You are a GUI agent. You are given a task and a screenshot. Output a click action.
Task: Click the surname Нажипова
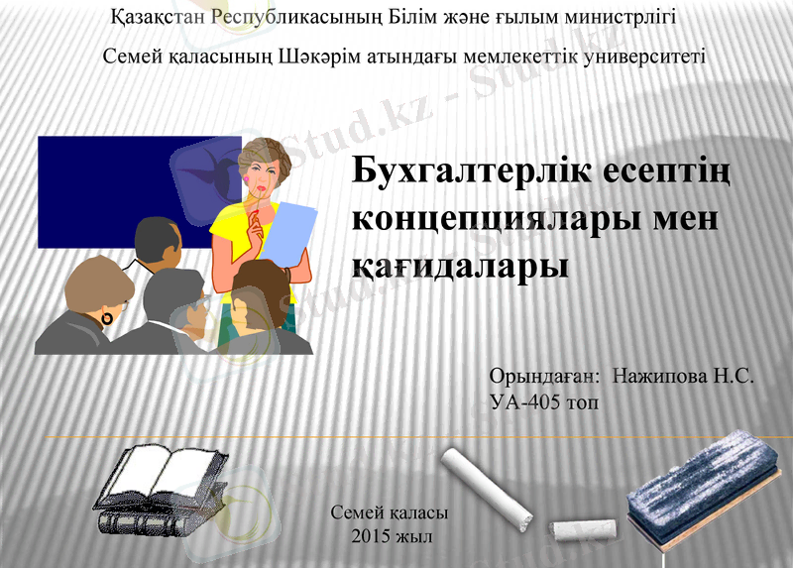pyautogui.click(x=660, y=378)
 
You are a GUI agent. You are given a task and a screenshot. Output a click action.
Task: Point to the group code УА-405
pyautogui.click(x=526, y=402)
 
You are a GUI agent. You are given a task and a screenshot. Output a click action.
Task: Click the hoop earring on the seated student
pyautogui.click(x=107, y=319)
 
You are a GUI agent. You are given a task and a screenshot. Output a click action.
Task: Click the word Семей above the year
pyautogui.click(x=354, y=514)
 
